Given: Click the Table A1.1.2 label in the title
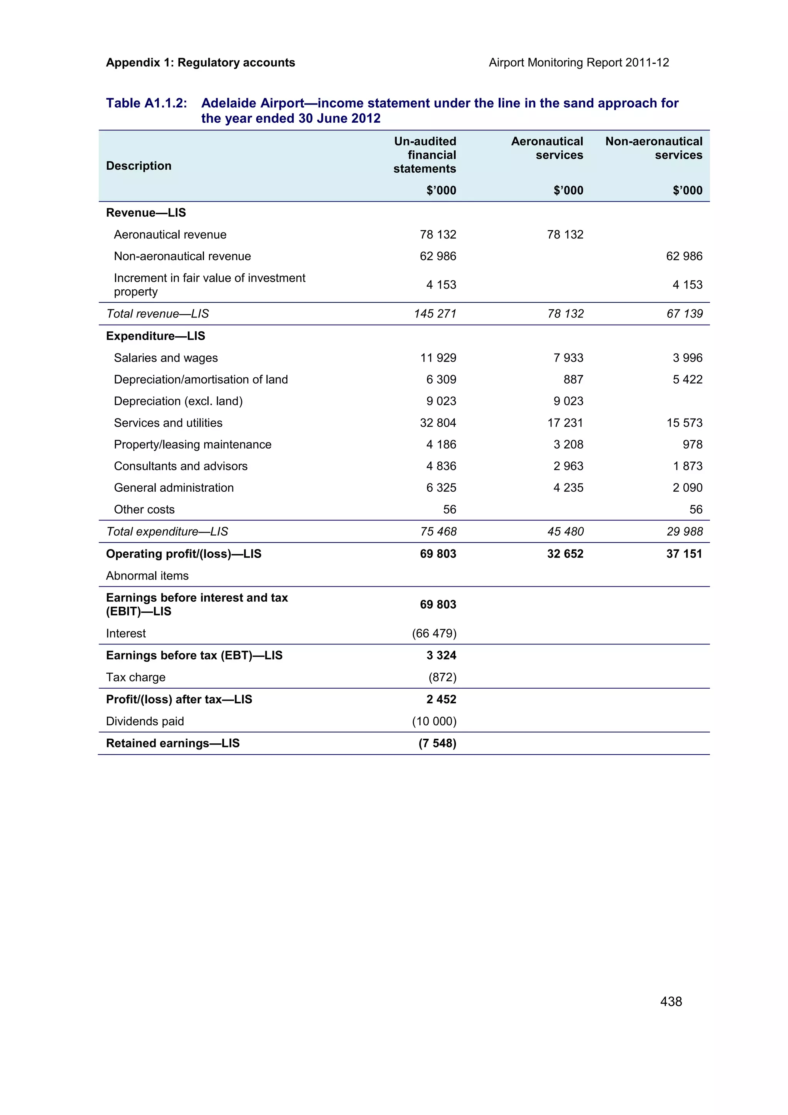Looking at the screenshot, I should (x=146, y=103).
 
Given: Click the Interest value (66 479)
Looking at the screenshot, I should (x=434, y=633).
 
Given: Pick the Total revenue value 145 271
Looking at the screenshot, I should (x=435, y=314).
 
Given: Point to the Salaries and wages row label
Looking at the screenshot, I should (x=165, y=358).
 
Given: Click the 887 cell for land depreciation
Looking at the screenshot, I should (x=573, y=379).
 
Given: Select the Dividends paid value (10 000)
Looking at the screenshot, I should (x=434, y=721).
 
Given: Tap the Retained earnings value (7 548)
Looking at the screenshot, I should (x=437, y=743).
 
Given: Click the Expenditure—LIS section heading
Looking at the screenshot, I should (x=155, y=336).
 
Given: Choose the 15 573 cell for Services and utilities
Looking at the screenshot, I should (x=684, y=423).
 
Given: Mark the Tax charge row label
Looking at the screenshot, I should (x=135, y=677).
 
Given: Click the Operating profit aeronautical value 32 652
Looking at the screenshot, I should (x=565, y=554).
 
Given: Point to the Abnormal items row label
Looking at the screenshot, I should (x=147, y=576).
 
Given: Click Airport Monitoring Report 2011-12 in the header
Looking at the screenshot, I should (x=578, y=63).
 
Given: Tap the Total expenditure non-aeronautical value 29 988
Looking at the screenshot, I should (x=684, y=532).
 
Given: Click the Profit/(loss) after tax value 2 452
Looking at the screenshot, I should (x=441, y=699).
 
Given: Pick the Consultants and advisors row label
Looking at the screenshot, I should (x=180, y=466).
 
